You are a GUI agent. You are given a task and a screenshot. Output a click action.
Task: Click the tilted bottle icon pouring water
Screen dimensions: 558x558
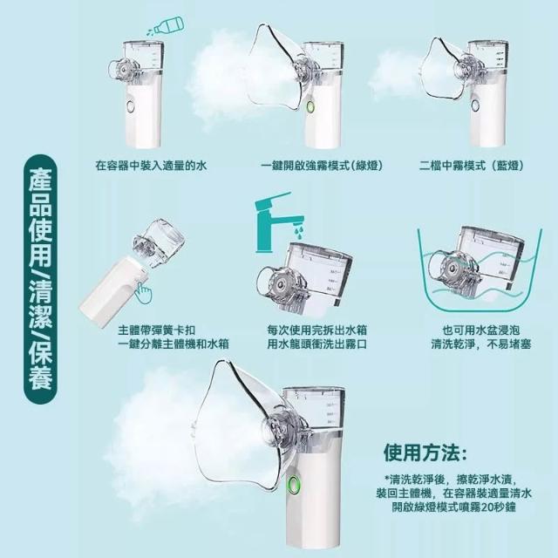pos(167,27)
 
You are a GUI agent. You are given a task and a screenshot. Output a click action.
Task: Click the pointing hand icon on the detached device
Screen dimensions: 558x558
pos(143,293)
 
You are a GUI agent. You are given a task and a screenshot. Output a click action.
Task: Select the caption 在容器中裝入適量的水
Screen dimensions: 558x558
pos(151,166)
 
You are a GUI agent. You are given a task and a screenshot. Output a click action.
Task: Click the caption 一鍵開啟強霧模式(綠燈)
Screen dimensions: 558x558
pos(322,166)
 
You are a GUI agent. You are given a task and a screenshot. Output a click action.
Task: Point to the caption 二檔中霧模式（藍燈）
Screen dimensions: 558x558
pos(471,166)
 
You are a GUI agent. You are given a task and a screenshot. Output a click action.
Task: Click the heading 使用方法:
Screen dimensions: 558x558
pos(425,453)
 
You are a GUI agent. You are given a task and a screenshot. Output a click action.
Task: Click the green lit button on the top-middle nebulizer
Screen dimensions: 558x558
pos(310,107)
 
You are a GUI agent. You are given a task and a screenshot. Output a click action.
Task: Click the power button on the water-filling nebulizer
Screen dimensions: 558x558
pos(131,107)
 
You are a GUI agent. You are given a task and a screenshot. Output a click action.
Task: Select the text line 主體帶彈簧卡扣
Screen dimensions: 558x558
pos(157,330)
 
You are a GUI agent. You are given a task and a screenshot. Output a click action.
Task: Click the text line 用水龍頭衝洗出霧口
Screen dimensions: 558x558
pos(317,344)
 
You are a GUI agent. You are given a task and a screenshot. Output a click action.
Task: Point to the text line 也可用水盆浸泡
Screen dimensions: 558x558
pos(480,330)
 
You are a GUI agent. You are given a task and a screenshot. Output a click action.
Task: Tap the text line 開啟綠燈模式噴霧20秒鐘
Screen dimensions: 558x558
pos(453,507)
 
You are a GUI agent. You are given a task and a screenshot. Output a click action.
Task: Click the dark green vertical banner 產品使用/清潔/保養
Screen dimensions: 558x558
pos(40,279)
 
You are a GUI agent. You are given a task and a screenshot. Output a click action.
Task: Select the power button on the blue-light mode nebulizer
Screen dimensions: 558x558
pos(475,105)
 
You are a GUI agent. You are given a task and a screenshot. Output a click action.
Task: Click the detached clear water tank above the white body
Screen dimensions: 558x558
pos(160,243)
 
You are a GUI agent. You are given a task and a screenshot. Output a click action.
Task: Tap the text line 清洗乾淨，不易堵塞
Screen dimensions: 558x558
pos(480,344)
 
